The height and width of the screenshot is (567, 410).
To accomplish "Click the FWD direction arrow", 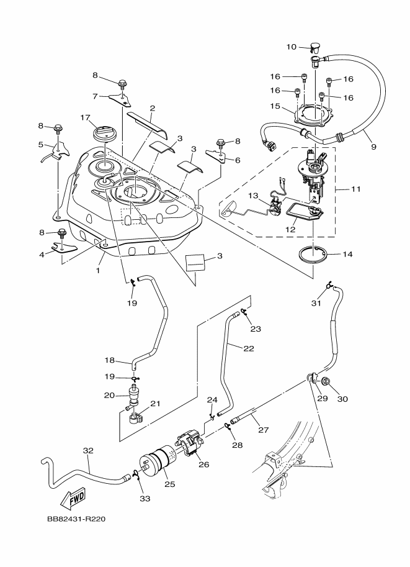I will (x=74, y=498).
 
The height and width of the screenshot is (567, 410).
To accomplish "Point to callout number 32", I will (x=88, y=450).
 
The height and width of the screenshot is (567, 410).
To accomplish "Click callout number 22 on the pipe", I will (x=249, y=348).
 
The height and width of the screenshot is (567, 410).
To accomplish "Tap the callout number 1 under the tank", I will (x=97, y=271).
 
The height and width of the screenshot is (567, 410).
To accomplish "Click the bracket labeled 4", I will (x=60, y=250).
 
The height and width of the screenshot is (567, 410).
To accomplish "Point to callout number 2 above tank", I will (x=152, y=107).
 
